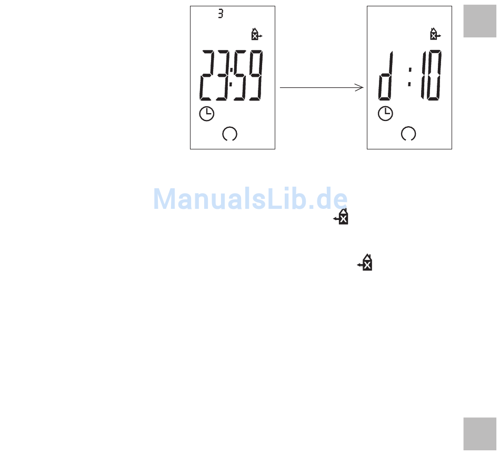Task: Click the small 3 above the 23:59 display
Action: (221, 14)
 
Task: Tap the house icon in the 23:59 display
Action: (256, 35)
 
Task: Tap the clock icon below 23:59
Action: (206, 114)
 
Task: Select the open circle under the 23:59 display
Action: (230, 134)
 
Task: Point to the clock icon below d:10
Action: (385, 114)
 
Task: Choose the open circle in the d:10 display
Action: (408, 134)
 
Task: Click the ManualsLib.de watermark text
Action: (251, 199)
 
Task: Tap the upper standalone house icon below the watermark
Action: (342, 217)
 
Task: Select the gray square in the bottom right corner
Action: (479, 433)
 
